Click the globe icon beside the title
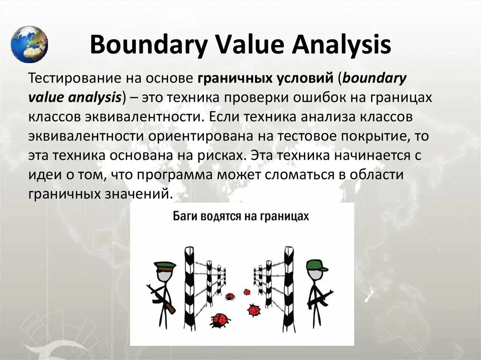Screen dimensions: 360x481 (x=29, y=44)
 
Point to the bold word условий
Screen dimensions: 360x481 (x=308, y=78)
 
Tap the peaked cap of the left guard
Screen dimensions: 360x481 (x=165, y=266)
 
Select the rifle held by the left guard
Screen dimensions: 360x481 (x=161, y=298)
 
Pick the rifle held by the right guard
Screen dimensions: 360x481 (x=320, y=298)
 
